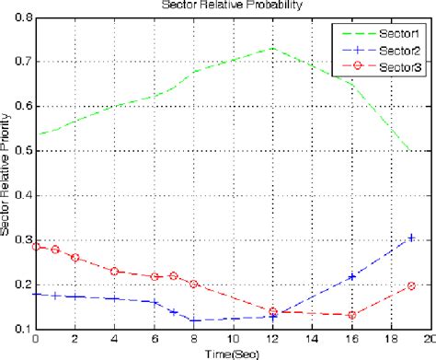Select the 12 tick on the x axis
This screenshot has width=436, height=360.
(273, 338)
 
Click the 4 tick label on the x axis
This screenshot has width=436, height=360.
(114, 338)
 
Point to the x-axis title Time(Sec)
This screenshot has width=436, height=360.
(233, 352)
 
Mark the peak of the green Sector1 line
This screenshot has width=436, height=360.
(273, 49)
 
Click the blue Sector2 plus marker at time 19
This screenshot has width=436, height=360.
(412, 238)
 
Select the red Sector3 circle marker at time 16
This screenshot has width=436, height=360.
(352, 315)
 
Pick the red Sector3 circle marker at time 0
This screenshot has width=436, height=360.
(36, 246)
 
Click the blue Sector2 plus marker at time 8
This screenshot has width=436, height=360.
(193, 319)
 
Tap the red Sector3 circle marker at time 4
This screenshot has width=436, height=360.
(114, 272)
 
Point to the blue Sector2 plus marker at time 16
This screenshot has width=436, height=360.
(352, 276)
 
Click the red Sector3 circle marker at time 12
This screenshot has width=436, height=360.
(273, 312)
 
